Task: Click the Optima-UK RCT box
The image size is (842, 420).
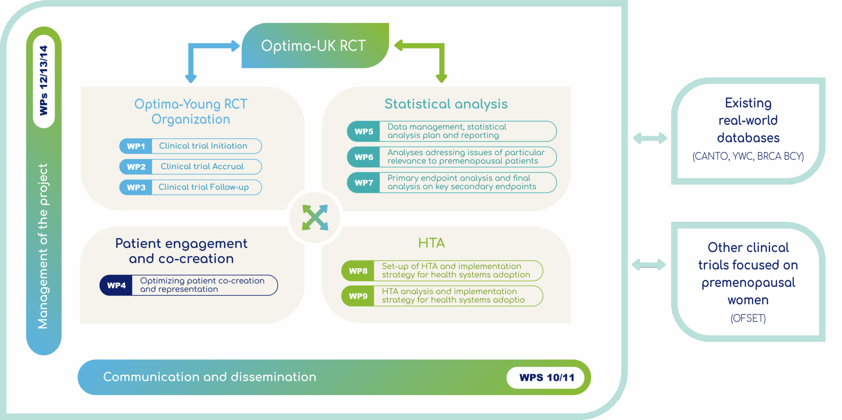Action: [x=315, y=46]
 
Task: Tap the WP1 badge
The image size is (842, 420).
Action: [x=136, y=146]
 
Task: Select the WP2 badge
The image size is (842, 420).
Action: [x=136, y=167]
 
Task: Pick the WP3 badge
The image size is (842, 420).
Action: [x=136, y=187]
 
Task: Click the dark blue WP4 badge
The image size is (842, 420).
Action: [x=116, y=285]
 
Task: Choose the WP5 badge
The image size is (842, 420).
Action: [x=364, y=131]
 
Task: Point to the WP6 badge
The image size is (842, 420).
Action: [x=364, y=157]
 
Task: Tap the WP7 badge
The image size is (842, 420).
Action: [x=364, y=183]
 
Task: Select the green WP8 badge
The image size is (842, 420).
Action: [x=358, y=271]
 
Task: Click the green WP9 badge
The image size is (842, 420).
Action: [x=358, y=296]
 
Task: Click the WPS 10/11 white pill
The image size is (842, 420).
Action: [x=546, y=377]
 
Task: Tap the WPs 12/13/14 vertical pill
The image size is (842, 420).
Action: [x=44, y=81]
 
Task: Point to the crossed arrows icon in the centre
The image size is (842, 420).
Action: [x=315, y=217]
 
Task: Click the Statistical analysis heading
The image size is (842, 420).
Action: [x=446, y=104]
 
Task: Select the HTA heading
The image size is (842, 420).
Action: [x=432, y=243]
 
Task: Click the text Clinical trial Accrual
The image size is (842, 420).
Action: [x=202, y=167]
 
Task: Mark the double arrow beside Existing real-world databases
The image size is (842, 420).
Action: [x=650, y=139]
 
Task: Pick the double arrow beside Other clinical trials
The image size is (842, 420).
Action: [x=649, y=265]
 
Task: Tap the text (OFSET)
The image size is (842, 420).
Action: [x=748, y=318]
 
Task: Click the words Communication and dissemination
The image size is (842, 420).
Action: [x=210, y=377]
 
